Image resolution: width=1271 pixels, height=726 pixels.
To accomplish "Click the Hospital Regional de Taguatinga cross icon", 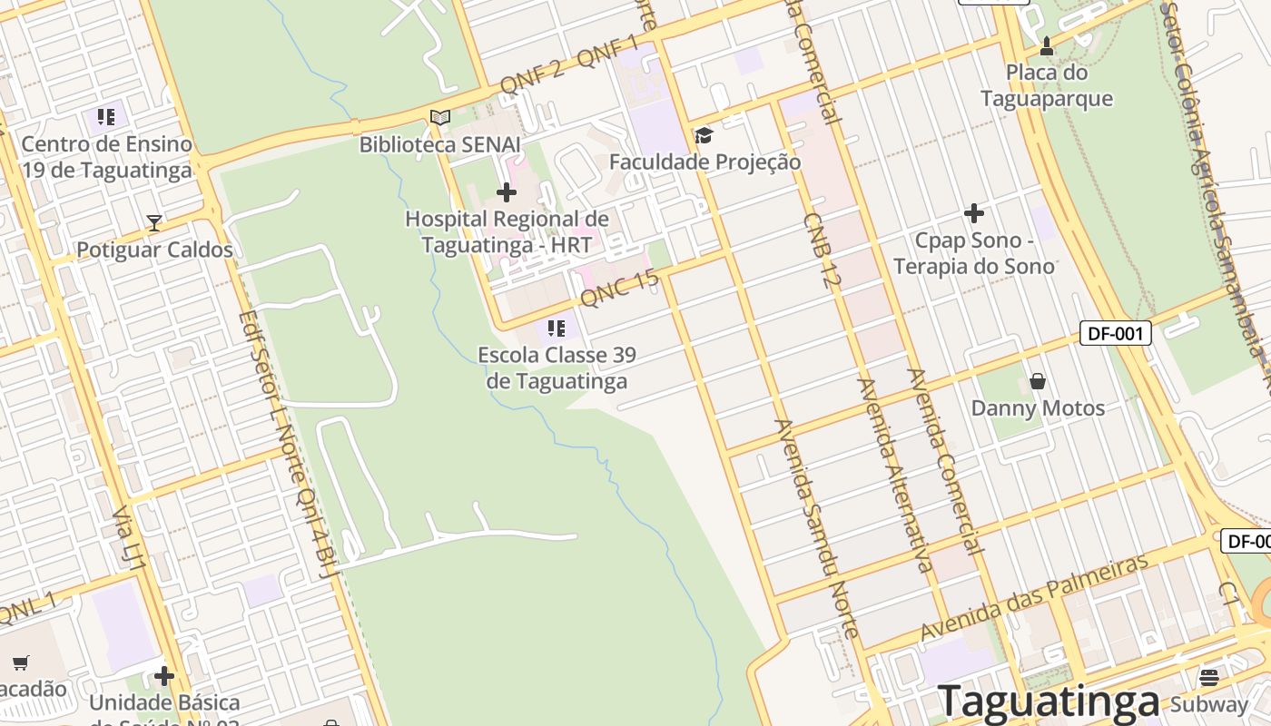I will [507, 192].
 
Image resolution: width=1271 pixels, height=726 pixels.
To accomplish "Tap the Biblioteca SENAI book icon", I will [440, 117].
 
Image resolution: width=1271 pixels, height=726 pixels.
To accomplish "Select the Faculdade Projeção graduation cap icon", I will [704, 136].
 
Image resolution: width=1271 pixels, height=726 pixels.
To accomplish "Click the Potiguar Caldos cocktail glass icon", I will [154, 222].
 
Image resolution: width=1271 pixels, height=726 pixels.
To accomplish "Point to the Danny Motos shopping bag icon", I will [1038, 381].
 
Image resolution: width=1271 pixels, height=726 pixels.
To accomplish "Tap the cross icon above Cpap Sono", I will [974, 214].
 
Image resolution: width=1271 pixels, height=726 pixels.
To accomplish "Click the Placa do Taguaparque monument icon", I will [1047, 45].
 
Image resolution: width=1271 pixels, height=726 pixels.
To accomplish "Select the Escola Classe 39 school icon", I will [557, 329].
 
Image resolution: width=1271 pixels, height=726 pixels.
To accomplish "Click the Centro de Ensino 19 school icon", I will [106, 117].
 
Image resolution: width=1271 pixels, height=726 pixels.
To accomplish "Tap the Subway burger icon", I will [1208, 677].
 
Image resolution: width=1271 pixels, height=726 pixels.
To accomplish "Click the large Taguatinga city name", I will [1049, 701].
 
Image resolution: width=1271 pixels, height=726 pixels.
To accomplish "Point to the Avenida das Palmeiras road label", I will [1034, 598].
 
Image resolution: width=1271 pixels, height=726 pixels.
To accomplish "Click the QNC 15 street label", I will [619, 288].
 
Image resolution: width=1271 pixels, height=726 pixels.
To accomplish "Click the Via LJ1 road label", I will [129, 541].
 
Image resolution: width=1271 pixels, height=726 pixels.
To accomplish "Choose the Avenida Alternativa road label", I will [895, 475].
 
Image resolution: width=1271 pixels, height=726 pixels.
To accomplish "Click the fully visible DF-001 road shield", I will [1116, 333].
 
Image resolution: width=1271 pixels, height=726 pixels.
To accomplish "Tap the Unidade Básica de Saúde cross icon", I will [164, 676].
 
